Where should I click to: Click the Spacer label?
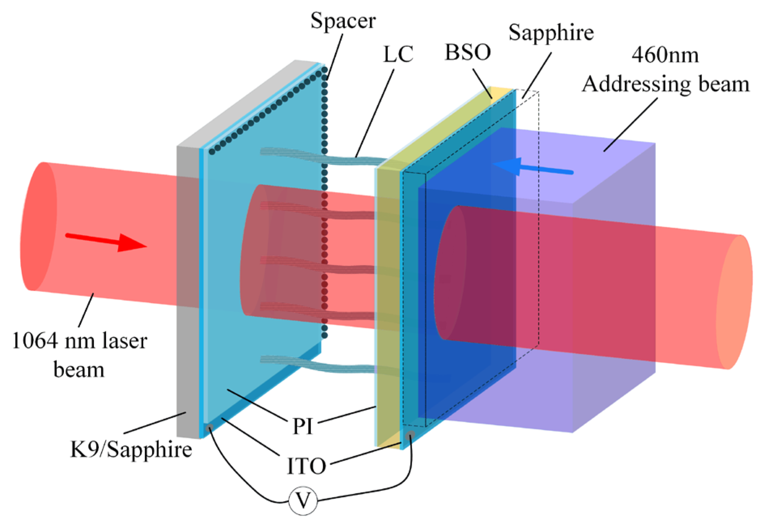[343, 21]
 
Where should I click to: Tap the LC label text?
[398, 55]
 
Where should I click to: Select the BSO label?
[468, 53]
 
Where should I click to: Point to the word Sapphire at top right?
[551, 32]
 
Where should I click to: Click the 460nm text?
[665, 55]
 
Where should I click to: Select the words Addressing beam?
[665, 85]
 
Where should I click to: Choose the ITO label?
[306, 466]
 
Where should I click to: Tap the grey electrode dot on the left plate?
[209, 428]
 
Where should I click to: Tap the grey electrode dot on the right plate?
[410, 435]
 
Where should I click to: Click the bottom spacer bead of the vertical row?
[325, 335]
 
